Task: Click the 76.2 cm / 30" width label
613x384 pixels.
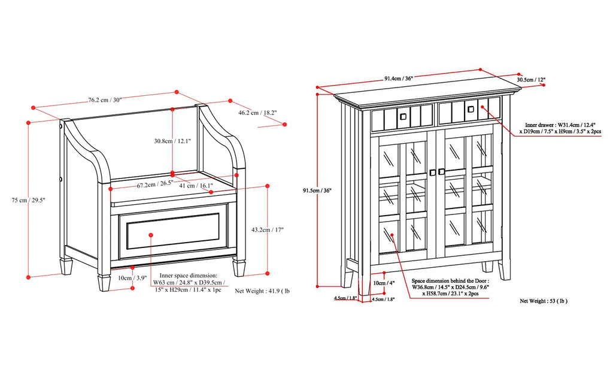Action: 105,100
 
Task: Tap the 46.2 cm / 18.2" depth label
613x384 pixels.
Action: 257,112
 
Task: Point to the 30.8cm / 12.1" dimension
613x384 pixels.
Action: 172,141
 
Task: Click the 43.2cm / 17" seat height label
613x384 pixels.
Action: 267,229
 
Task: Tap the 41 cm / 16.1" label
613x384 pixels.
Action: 198,186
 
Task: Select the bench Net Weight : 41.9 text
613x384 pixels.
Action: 262,291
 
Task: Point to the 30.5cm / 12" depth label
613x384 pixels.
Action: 531,79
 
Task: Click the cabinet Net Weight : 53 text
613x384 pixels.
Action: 543,301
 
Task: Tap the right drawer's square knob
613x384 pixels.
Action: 471,109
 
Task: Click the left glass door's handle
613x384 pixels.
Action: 432,173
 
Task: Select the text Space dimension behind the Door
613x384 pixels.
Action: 450,280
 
